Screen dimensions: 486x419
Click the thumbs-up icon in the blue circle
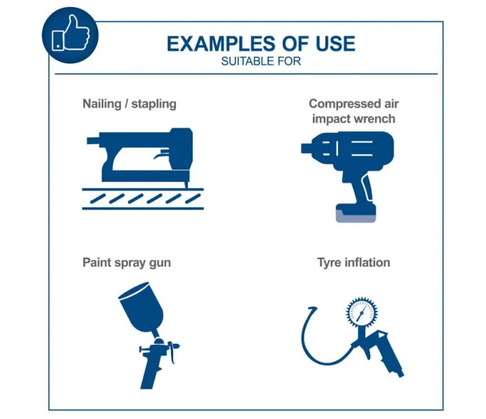click(x=71, y=33)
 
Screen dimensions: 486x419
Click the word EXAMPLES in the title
click(x=221, y=44)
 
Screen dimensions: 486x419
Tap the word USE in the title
click(x=335, y=44)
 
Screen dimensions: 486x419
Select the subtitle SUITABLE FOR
click(x=261, y=61)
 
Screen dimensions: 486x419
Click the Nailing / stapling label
click(x=130, y=103)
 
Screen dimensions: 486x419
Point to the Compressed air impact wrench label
click(x=353, y=111)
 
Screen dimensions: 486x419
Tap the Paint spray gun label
click(x=126, y=263)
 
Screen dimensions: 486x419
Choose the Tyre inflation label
click(x=353, y=263)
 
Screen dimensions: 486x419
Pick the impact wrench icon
click(x=348, y=177)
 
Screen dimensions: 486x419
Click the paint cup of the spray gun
click(x=141, y=307)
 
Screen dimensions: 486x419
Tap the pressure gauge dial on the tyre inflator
click(x=362, y=312)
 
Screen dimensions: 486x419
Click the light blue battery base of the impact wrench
click(x=356, y=216)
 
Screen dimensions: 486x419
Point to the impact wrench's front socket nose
click(x=306, y=148)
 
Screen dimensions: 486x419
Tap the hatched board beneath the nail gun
click(x=143, y=198)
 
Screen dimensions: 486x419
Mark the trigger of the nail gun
click(x=162, y=154)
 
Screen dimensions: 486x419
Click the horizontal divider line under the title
click(x=246, y=74)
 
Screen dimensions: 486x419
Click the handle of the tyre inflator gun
click(x=390, y=356)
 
